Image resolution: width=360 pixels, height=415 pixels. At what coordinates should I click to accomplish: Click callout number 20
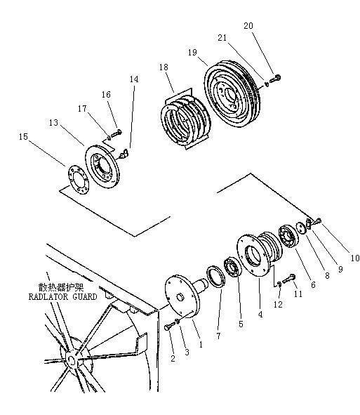[x=248, y=26]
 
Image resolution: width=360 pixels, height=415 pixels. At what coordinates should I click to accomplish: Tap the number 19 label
[x=192, y=52]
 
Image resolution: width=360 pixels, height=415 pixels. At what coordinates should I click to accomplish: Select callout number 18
[x=164, y=67]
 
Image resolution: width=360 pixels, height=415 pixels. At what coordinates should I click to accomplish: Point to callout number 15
[x=23, y=136]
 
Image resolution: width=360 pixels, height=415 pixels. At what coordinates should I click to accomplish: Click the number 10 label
[x=354, y=258]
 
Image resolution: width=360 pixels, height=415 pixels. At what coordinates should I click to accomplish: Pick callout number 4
[x=260, y=314]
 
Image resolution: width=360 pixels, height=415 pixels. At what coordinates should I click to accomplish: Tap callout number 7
[x=218, y=336]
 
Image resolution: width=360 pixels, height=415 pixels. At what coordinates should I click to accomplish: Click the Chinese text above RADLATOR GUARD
[x=61, y=287]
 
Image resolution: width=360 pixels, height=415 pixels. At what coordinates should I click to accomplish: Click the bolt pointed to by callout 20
[x=275, y=79]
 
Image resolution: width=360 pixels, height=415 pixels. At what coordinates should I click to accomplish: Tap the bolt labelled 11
[x=288, y=279]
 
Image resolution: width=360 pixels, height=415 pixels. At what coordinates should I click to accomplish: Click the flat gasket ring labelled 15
[x=79, y=180]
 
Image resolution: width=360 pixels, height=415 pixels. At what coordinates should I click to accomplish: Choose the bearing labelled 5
[x=233, y=267]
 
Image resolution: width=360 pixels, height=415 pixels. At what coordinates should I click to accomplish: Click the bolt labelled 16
[x=116, y=133]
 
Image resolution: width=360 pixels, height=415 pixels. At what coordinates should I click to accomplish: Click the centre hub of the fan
[x=72, y=360]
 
